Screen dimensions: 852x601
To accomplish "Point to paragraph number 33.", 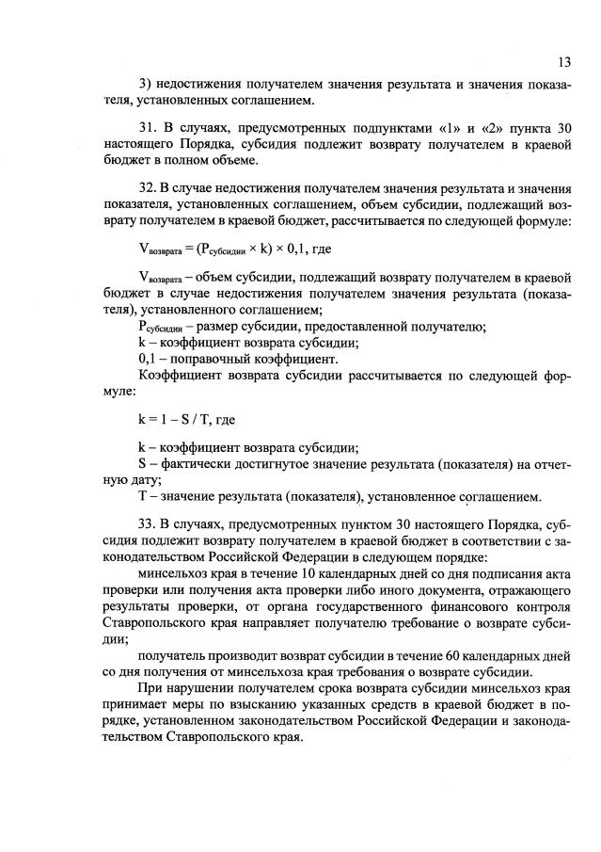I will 147,524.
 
